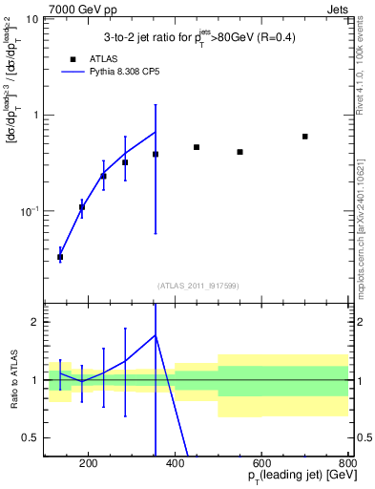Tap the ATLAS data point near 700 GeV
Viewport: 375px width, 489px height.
click(x=304, y=137)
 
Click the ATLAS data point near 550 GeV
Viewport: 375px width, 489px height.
click(x=240, y=152)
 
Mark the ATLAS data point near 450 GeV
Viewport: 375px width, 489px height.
click(x=197, y=147)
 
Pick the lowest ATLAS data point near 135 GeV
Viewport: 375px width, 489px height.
click(x=60, y=257)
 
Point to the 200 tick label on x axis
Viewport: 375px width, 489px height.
click(x=88, y=465)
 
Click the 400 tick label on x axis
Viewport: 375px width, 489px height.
click(x=175, y=465)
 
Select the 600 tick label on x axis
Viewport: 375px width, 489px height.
click(x=261, y=465)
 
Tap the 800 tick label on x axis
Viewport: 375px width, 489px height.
click(x=347, y=465)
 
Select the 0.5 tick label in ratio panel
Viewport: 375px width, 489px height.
click(x=32, y=437)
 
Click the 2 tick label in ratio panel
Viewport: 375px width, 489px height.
click(x=36, y=323)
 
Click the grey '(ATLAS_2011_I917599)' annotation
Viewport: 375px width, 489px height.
click(x=197, y=285)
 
